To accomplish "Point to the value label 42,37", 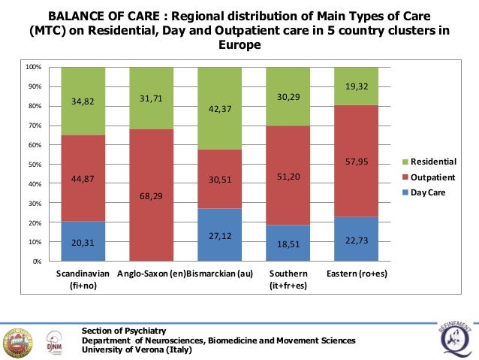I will pos(219,108).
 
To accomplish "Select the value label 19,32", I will pos(356,87).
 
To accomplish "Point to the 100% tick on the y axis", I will pos(34,67).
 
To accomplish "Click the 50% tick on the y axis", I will pos(35,165).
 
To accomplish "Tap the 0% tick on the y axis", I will pos(37,262).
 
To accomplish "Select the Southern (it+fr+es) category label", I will pos(288,280).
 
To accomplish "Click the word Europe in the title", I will pos(239,44).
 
